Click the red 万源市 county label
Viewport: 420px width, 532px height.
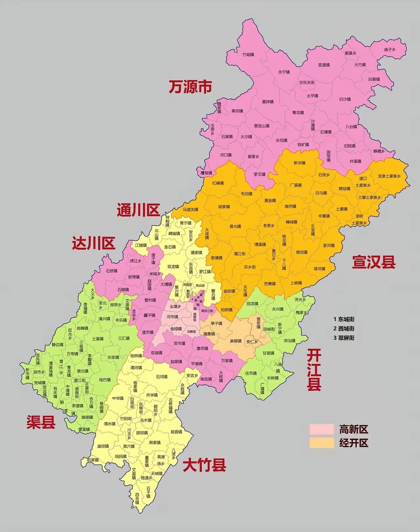click(190, 87)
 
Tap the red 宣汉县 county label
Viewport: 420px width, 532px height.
click(374, 262)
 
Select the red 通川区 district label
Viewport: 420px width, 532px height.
click(138, 210)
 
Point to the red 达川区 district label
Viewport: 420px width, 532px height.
click(94, 243)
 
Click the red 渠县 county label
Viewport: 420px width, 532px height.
click(41, 423)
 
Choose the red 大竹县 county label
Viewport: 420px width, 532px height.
click(204, 465)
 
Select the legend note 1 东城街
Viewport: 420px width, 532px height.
click(344, 319)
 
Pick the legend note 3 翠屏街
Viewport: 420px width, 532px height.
click(344, 338)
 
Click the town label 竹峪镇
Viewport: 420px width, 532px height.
click(248, 55)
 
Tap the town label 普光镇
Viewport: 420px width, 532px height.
click(235, 226)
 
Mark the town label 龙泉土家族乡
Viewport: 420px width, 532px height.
click(389, 176)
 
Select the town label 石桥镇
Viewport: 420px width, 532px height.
click(112, 271)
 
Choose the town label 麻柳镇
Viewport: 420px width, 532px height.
click(236, 341)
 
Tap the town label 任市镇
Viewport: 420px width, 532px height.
click(251, 373)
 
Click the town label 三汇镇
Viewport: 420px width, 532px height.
click(124, 338)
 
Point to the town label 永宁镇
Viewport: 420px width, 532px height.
click(284, 72)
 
